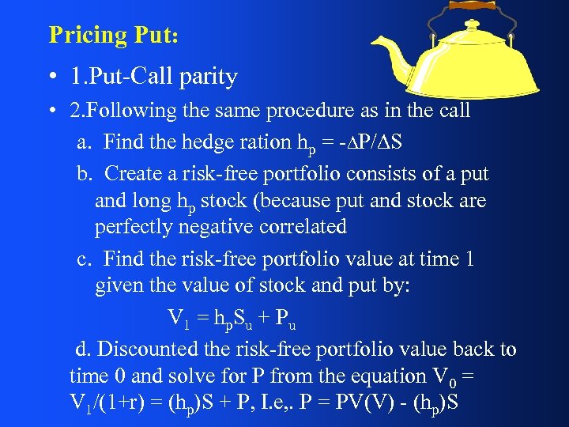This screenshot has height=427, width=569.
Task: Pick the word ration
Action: point(264,143)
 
